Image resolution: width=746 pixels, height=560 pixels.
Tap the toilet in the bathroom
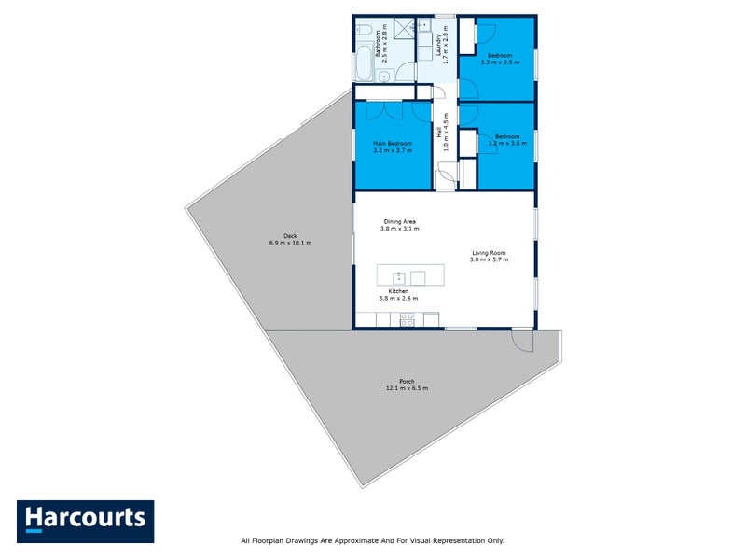coord(364,31)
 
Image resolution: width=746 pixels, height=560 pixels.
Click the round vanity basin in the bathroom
coord(383,77)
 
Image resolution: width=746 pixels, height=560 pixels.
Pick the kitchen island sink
coord(398,276)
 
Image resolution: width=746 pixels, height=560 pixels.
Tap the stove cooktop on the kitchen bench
coord(408,319)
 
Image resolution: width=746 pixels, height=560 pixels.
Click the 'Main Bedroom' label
coord(392,143)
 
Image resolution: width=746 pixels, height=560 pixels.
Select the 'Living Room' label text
coord(488,252)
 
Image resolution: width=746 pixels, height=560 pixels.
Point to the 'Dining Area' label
coord(399,221)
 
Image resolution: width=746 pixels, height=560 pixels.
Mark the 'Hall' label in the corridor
coord(439,133)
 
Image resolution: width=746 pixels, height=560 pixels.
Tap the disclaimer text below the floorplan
coord(372,540)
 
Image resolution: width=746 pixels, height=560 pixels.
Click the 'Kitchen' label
coord(398,291)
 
